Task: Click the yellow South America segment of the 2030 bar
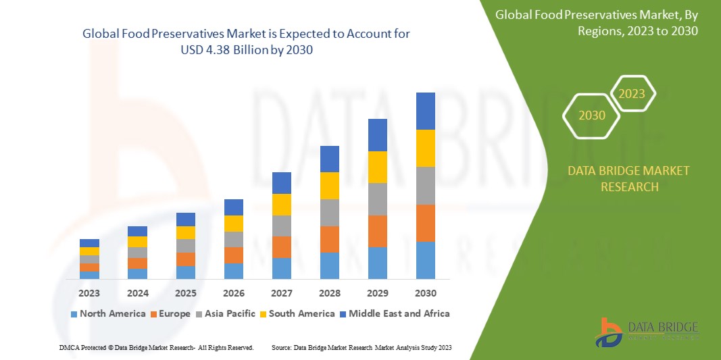click(425, 148)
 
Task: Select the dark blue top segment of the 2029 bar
click(377, 134)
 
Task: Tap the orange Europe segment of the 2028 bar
click(329, 239)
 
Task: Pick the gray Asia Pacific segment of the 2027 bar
click(281, 226)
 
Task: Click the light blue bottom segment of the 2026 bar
click(233, 271)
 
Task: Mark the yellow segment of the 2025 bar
click(185, 232)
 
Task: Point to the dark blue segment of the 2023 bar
click(89, 243)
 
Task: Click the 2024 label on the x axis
click(137, 294)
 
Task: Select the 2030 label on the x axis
click(425, 294)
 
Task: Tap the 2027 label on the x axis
click(281, 294)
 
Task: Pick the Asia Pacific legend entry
click(226, 313)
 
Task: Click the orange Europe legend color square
click(153, 314)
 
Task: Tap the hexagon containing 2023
click(632, 94)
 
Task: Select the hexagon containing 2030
click(591, 115)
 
